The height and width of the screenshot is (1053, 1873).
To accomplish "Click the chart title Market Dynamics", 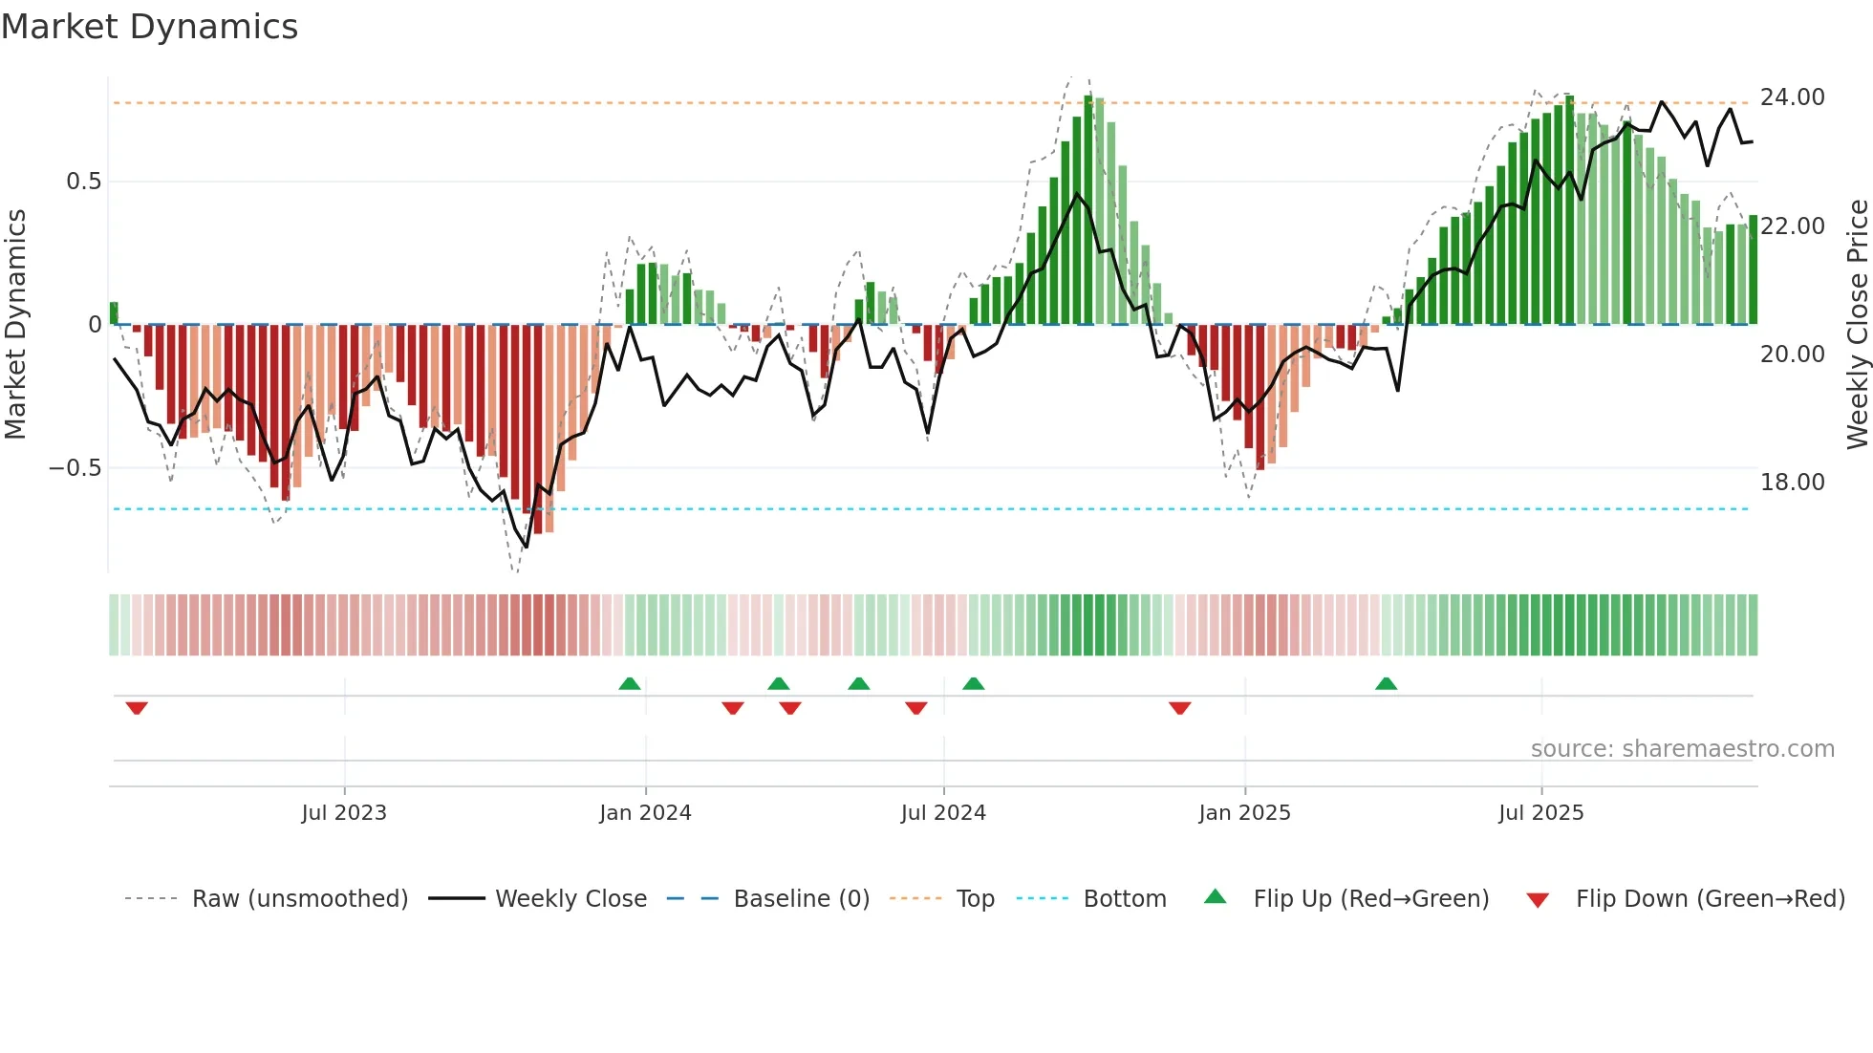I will pos(149,27).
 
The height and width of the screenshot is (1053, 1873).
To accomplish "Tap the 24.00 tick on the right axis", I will pos(1792,97).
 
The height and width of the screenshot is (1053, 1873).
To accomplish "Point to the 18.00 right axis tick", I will pos(1792,483).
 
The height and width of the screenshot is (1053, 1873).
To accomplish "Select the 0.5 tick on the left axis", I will pos(83,182).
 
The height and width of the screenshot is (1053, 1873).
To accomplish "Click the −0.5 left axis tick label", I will pos(75,468).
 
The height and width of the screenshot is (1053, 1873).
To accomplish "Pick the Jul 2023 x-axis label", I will pos(344,813).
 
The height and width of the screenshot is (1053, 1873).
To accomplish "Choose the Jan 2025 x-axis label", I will pos(1244,813).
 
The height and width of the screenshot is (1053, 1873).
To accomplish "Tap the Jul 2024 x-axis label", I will pos(943,813).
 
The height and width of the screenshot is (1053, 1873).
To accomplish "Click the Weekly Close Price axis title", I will pos(1857,325).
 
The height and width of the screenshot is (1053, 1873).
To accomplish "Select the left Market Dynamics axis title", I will pos(15,325).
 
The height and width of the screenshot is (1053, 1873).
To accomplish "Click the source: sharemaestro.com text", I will pos(1682,749).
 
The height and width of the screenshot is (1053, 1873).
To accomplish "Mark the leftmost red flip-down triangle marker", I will pos(137,708).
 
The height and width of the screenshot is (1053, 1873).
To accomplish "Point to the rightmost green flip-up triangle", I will pos(1386,683).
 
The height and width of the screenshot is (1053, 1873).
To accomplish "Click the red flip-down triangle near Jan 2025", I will pos(1179,708).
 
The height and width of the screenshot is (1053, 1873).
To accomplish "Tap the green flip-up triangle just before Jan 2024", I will pos(629,683).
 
